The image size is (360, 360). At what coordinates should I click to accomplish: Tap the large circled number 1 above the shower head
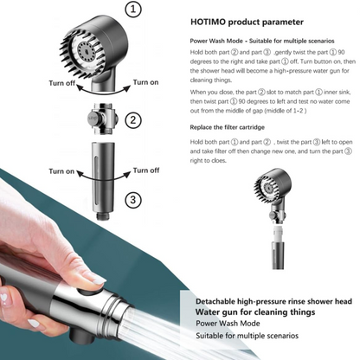point(133,10)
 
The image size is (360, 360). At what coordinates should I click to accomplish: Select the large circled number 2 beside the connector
point(132,120)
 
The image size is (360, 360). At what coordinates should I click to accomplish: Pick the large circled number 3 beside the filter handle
point(132,200)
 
